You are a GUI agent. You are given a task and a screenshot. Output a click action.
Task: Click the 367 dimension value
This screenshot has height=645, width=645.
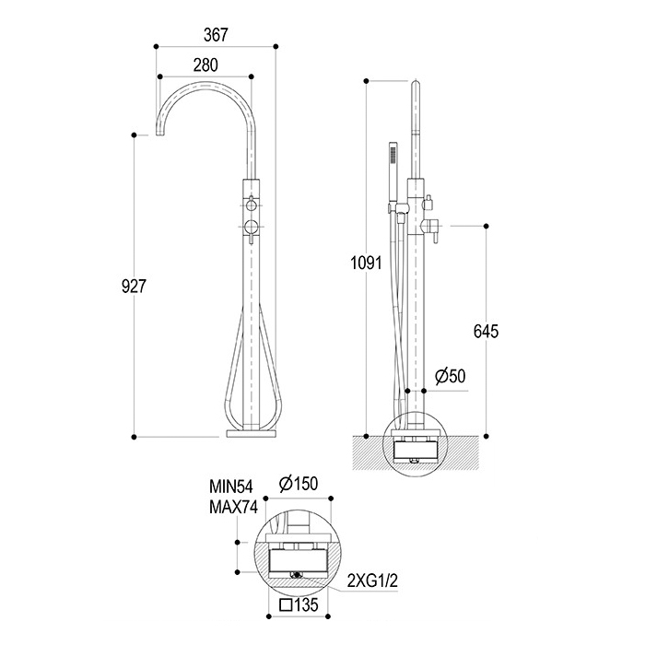pyautogui.click(x=216, y=35)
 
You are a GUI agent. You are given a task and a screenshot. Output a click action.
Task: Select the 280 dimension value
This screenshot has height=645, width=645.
pyautogui.click(x=205, y=65)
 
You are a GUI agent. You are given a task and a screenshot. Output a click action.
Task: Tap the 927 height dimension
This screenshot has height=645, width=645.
pyautogui.click(x=135, y=286)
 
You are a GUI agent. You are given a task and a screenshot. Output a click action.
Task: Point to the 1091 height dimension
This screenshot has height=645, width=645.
pyautogui.click(x=366, y=263)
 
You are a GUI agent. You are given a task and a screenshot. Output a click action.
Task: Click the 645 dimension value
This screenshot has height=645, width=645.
pyautogui.click(x=486, y=331)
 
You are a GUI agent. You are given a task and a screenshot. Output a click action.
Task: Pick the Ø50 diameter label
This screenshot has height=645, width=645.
pyautogui.click(x=451, y=376)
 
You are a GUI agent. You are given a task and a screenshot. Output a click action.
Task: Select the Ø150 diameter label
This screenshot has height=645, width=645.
pyautogui.click(x=299, y=484)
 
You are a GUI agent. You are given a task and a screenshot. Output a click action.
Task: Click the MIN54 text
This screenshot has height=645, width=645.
pyautogui.click(x=231, y=487)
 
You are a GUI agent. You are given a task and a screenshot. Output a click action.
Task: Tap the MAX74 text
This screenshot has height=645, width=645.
pyautogui.click(x=234, y=507)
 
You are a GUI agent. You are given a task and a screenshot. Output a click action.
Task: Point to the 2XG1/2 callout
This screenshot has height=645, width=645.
pyautogui.click(x=372, y=581)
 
